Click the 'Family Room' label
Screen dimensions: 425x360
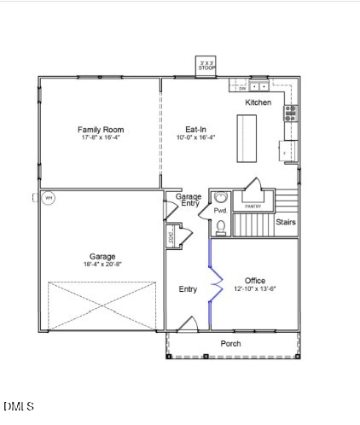[x=102, y=130]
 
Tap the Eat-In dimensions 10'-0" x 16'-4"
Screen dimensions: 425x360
[x=195, y=137]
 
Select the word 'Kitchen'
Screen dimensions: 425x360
[x=258, y=102]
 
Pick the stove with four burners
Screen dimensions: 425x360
[x=291, y=113]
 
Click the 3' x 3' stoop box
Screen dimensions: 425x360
[x=206, y=66]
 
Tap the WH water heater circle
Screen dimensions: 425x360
[x=49, y=198]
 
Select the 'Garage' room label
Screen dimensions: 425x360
[x=103, y=256]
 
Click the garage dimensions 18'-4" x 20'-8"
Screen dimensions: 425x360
[x=103, y=265]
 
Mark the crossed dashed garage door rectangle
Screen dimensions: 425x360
[x=102, y=306]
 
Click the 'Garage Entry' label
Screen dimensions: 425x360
[x=189, y=201]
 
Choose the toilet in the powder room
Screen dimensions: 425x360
[x=221, y=226]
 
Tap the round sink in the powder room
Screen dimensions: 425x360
[x=221, y=197]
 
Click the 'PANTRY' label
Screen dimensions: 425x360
[x=253, y=207]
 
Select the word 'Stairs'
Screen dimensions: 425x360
[x=286, y=222]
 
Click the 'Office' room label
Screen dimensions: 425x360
[x=255, y=281]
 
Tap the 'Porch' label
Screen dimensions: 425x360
[x=230, y=344]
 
